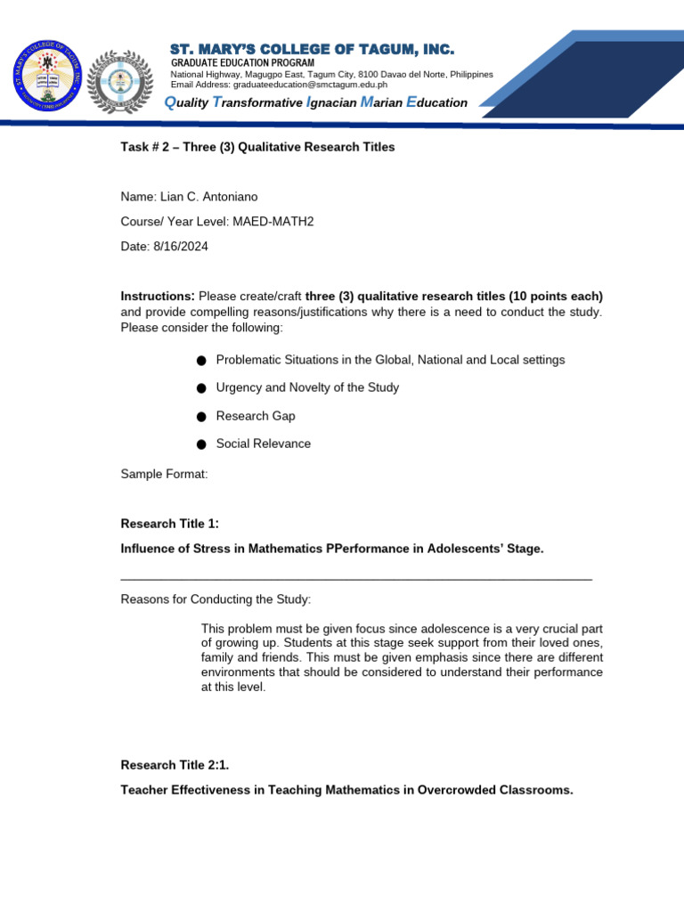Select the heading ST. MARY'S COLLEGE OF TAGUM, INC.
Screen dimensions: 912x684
(x=312, y=48)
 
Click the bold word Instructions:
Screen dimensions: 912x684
(x=158, y=296)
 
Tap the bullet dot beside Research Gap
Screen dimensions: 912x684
(x=201, y=417)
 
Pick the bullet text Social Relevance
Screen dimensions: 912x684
(x=264, y=444)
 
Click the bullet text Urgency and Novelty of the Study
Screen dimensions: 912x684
(x=307, y=387)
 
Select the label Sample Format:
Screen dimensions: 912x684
(x=164, y=474)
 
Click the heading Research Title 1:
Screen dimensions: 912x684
(x=169, y=524)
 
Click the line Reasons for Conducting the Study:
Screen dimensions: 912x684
(x=216, y=598)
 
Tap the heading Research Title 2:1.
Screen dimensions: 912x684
(x=175, y=764)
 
